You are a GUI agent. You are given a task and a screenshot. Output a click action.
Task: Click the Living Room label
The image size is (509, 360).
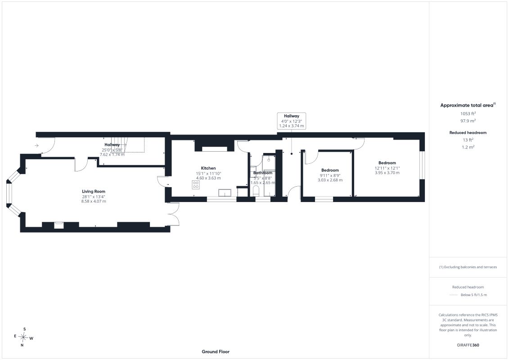[x=94, y=192]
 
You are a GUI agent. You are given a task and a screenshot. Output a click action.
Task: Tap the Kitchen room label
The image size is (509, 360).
[x=208, y=168]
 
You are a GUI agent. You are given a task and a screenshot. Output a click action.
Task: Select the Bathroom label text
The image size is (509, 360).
[x=263, y=173]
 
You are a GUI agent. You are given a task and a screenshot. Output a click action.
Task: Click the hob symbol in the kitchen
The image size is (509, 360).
[x=196, y=185]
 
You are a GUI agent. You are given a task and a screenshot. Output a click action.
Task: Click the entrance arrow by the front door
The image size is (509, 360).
[x=37, y=145]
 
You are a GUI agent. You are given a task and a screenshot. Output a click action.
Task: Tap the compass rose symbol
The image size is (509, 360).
[x=23, y=337]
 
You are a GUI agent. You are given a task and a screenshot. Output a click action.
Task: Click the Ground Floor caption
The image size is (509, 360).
[x=216, y=351]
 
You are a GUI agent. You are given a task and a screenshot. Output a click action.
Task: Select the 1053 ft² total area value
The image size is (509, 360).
[x=468, y=113]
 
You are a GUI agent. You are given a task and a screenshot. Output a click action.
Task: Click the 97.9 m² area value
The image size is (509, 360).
[x=468, y=121]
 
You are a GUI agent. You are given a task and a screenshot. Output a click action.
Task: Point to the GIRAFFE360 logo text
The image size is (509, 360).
[x=468, y=345]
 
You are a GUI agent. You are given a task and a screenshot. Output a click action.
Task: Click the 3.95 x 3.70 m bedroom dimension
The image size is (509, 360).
[x=387, y=173]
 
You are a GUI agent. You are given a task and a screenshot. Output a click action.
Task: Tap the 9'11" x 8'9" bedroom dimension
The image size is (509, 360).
[x=330, y=175]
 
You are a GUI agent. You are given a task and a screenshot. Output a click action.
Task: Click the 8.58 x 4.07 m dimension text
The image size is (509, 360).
[x=94, y=201]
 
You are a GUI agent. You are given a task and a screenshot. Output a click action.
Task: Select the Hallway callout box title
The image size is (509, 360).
[x=292, y=116]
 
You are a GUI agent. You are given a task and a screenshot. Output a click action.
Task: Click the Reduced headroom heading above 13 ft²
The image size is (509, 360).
[x=468, y=132]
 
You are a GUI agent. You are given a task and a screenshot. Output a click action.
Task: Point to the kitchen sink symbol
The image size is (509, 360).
[x=225, y=193]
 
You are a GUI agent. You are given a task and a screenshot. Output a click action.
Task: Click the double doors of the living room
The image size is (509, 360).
[x=174, y=214]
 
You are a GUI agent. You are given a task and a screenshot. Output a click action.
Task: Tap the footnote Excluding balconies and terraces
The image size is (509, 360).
[x=468, y=267]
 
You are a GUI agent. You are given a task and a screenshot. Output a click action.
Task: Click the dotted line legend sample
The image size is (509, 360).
[x=453, y=295]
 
